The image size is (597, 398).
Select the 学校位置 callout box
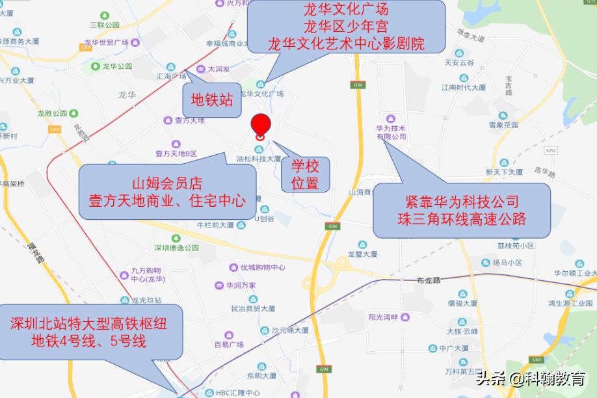(x=305, y=174)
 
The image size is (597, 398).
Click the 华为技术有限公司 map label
(x=391, y=132)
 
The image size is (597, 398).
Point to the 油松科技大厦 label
(x=259, y=158)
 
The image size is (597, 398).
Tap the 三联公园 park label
(x=105, y=25)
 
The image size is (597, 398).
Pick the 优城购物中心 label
(x=263, y=267)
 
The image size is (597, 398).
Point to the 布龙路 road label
(x=427, y=280)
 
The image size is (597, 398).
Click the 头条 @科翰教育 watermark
(x=531, y=379)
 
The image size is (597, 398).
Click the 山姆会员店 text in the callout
(x=162, y=183)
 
